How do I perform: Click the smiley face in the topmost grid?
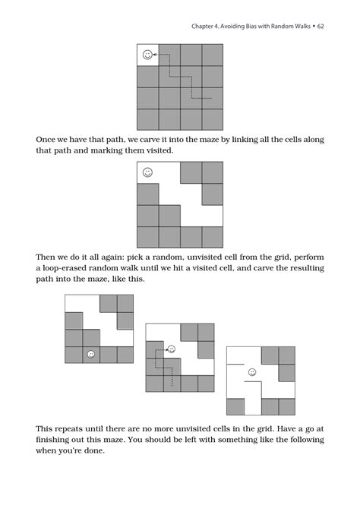[148, 55]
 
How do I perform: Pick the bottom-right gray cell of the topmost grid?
[212, 119]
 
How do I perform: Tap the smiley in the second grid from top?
[148, 172]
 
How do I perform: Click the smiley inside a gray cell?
[91, 355]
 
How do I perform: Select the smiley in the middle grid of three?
[172, 349]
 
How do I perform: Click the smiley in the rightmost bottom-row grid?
[251, 372]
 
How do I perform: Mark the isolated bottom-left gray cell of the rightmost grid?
[235, 406]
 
